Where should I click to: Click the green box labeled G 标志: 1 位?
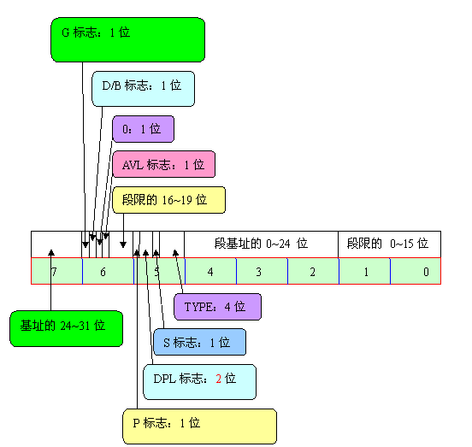pyautogui.click(x=127, y=39)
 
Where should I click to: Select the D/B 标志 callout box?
pyautogui.click(x=143, y=89)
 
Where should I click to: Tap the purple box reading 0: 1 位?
pyautogui.click(x=143, y=129)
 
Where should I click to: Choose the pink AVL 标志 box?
pyautogui.click(x=164, y=164)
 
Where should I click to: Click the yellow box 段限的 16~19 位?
pyautogui.click(x=168, y=200)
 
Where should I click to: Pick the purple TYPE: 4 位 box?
pyautogui.click(x=218, y=307)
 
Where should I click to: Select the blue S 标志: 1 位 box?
pyautogui.click(x=199, y=342)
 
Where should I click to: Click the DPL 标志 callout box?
pyautogui.click(x=199, y=382)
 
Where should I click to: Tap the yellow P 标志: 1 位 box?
pyautogui.click(x=199, y=426)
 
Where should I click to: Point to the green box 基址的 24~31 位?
pyautogui.click(x=66, y=328)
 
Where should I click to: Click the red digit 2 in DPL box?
pyautogui.click(x=219, y=379)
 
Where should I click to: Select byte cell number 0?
pyautogui.click(x=416, y=271)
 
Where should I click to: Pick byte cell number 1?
pyautogui.click(x=365, y=271)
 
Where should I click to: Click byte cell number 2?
pyautogui.click(x=313, y=271)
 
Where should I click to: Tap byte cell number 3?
pyautogui.click(x=263, y=271)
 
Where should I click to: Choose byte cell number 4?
pyautogui.click(x=210, y=271)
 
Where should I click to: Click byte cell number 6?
pyautogui.click(x=108, y=271)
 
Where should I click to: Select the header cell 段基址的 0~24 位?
pyautogui.click(x=261, y=244)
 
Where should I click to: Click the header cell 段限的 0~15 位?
pyautogui.click(x=390, y=244)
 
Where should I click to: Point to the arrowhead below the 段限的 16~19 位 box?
pyautogui.click(x=123, y=244)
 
